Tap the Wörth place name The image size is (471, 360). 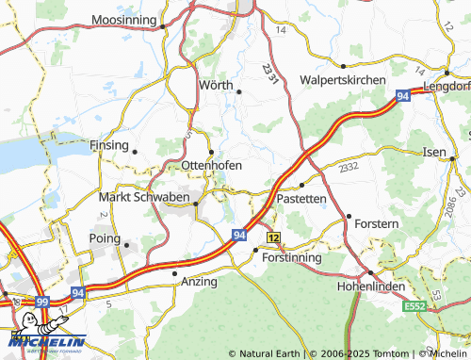click(x=215, y=85)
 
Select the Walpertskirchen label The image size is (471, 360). click(x=342, y=80)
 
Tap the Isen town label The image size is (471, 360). click(x=434, y=152)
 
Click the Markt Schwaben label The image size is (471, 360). click(x=143, y=197)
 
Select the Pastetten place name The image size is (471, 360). click(x=301, y=199)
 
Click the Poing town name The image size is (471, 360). click(x=104, y=238)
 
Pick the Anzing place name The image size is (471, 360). click(x=199, y=282)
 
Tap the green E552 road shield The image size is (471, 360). click(x=415, y=307)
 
